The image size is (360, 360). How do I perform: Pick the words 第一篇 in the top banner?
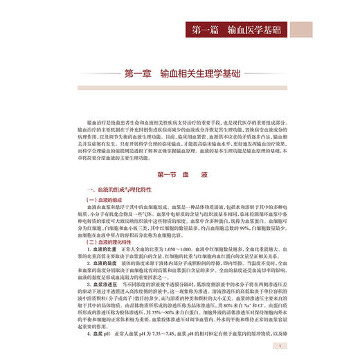(x=208, y=31)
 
